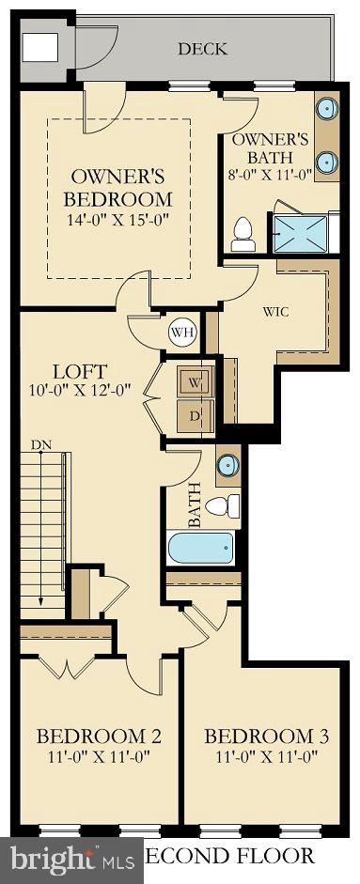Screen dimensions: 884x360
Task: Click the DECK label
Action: pyautogui.click(x=202, y=48)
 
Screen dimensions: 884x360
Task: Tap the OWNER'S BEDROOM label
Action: pyautogui.click(x=118, y=187)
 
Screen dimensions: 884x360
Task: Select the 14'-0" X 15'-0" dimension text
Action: pyautogui.click(x=118, y=222)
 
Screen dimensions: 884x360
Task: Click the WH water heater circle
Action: pyautogui.click(x=180, y=331)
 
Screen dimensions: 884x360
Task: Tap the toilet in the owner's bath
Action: pyautogui.click(x=243, y=232)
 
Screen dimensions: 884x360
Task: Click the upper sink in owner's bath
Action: pyautogui.click(x=327, y=109)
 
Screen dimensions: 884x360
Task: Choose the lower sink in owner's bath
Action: pyautogui.click(x=327, y=161)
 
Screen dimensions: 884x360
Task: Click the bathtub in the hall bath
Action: pyautogui.click(x=201, y=547)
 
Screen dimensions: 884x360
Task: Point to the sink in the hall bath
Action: pyautogui.click(x=227, y=465)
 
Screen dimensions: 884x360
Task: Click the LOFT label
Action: pyautogui.click(x=81, y=370)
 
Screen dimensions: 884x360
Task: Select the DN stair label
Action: pyautogui.click(x=40, y=444)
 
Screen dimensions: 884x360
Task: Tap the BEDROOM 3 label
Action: pyautogui.click(x=259, y=736)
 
